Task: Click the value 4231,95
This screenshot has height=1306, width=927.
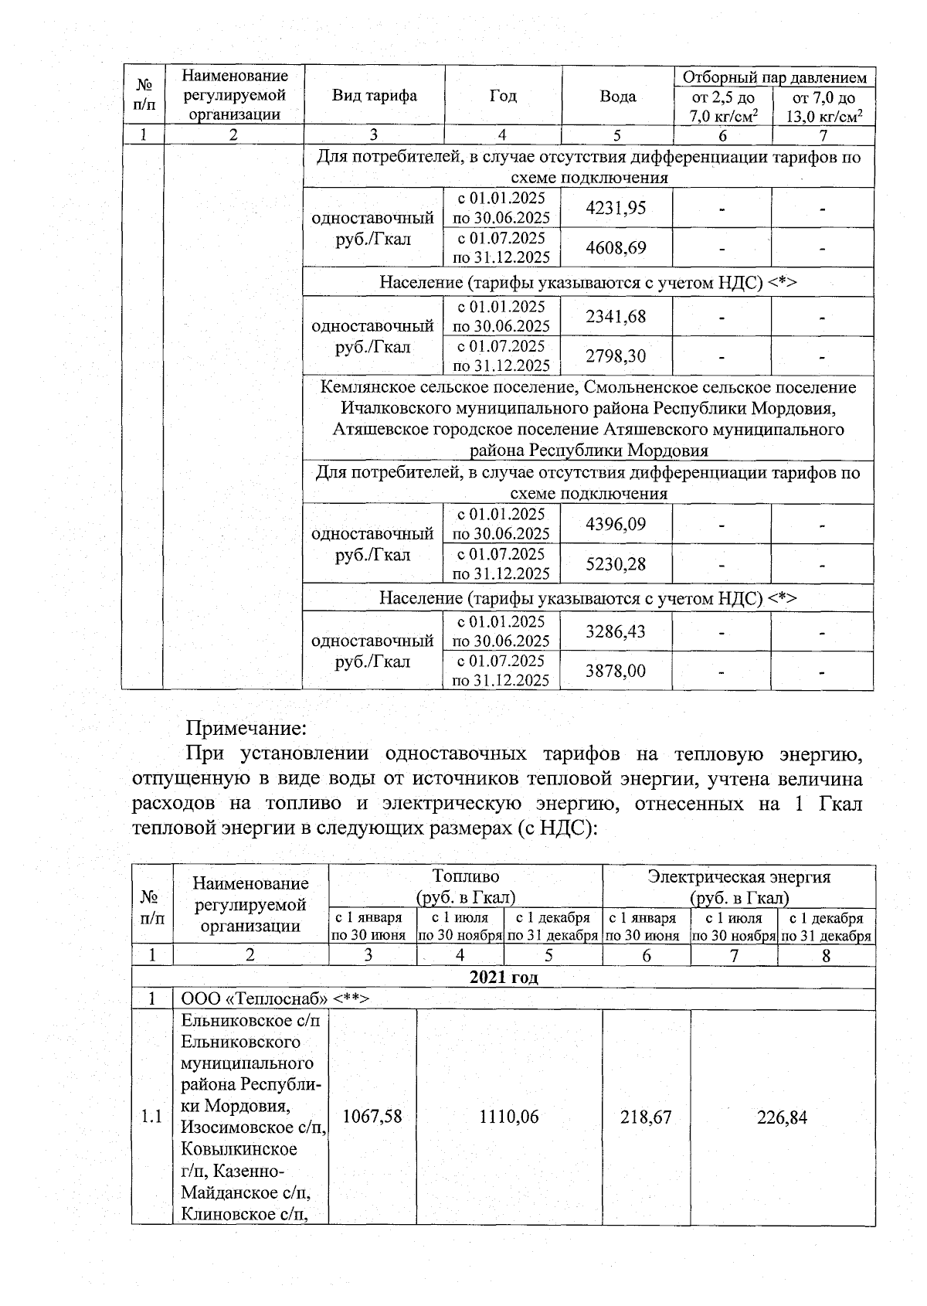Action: click(616, 208)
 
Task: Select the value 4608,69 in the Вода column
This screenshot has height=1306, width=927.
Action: click(616, 248)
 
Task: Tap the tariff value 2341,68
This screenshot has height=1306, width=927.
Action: click(616, 316)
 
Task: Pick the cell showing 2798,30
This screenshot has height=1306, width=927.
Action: click(616, 356)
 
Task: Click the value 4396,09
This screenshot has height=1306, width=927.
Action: click(616, 524)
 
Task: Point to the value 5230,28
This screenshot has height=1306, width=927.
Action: click(616, 564)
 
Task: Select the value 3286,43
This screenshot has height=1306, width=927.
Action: click(616, 631)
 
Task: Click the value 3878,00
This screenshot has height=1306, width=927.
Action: click(616, 671)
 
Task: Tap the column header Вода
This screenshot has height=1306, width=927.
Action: click(618, 96)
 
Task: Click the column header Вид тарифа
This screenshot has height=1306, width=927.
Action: click(374, 96)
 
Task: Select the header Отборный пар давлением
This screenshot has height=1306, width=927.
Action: click(774, 77)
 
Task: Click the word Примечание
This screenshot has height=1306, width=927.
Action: click(246, 728)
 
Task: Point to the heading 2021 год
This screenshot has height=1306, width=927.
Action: click(504, 977)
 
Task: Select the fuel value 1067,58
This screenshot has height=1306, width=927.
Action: click(372, 1116)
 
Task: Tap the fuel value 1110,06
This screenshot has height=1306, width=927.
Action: click(509, 1116)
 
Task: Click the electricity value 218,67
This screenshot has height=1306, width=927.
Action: click(646, 1116)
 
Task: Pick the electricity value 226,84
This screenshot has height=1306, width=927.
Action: click(782, 1116)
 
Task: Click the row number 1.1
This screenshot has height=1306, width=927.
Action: click(152, 1116)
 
